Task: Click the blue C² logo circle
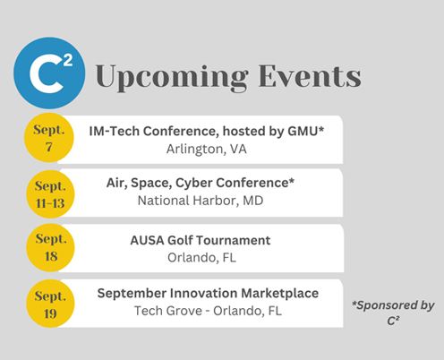point(49,73)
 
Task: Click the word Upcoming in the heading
point(172,77)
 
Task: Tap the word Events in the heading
point(310,76)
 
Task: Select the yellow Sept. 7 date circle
point(49,138)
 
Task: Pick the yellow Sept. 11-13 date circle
point(50,194)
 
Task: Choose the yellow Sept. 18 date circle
point(50,247)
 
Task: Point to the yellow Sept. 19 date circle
point(50,304)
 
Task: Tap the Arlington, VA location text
point(207,149)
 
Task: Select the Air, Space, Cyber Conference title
point(201,183)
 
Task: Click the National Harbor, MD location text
point(201,201)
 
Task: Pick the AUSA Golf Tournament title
point(201,240)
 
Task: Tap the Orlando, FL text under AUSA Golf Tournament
point(201,258)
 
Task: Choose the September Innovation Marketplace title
point(208,294)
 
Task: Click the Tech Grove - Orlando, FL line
point(208,311)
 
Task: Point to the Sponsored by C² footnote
point(393,313)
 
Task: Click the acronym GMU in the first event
point(303,132)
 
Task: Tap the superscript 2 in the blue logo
point(68,60)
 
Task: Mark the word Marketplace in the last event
point(280,294)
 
